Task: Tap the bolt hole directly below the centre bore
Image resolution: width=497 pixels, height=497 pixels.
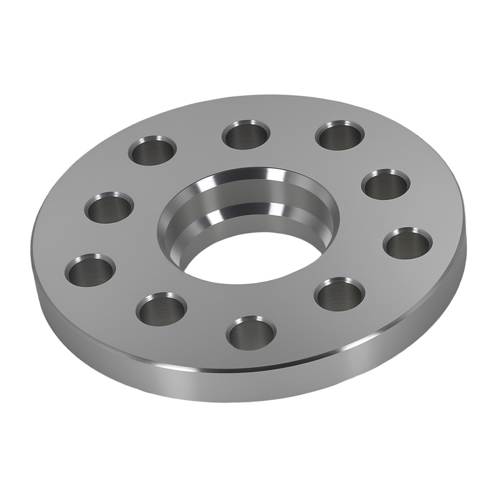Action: click(x=250, y=332)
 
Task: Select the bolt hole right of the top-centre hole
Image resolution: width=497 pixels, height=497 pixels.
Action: click(x=340, y=134)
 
